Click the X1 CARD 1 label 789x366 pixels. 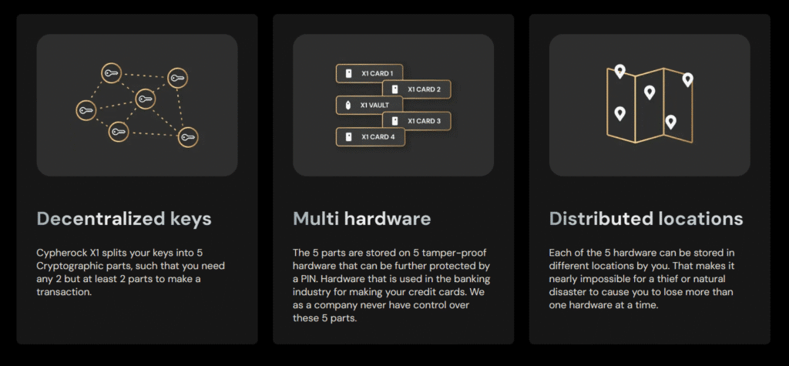[378, 73]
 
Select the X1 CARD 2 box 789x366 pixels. [417, 89]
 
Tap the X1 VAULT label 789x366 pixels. [375, 106]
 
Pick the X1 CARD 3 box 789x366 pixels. [417, 121]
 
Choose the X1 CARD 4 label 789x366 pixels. [378, 137]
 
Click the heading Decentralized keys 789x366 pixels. [124, 219]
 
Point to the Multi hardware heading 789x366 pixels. [362, 219]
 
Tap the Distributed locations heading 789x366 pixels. [646, 219]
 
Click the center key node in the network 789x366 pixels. [144, 99]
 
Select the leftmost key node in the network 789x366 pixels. [86, 110]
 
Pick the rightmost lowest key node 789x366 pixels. [188, 137]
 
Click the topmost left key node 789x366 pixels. [111, 73]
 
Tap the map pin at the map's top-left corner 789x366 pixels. [620, 71]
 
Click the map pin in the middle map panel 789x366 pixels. [650, 92]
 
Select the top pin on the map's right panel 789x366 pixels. [687, 79]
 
